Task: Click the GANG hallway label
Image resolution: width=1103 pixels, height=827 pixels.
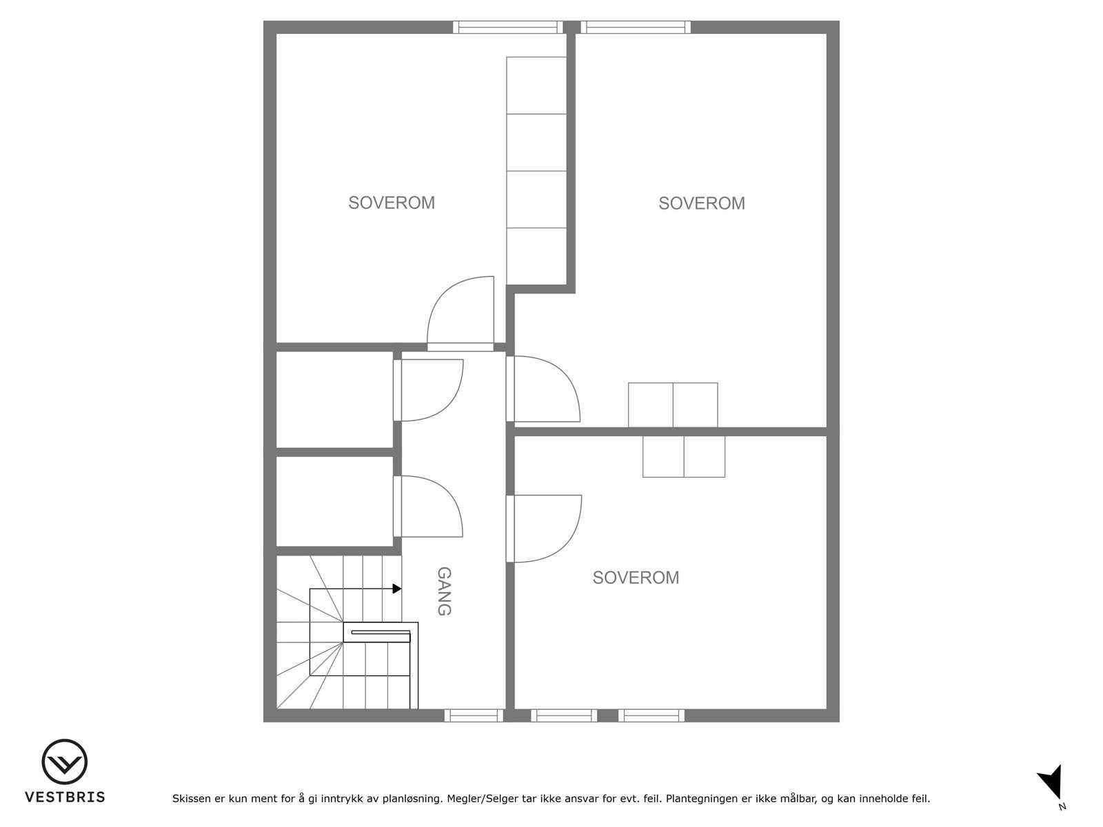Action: pyautogui.click(x=445, y=591)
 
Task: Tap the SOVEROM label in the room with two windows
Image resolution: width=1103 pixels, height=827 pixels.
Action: pyautogui.click(x=636, y=578)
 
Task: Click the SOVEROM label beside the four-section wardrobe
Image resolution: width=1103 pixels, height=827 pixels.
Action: pyautogui.click(x=391, y=203)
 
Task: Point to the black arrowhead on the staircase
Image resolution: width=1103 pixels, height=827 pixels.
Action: pyautogui.click(x=397, y=589)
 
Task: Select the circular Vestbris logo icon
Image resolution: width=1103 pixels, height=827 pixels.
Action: pyautogui.click(x=65, y=762)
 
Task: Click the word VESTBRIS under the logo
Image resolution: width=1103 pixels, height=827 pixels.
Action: pyautogui.click(x=65, y=797)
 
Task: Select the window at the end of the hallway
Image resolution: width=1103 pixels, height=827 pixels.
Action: pyautogui.click(x=474, y=716)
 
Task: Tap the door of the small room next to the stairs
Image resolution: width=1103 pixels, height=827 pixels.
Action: pyautogui.click(x=429, y=507)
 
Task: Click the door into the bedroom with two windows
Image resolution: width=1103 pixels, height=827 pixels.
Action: pyautogui.click(x=545, y=529)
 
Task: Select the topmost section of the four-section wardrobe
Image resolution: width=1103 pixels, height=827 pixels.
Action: pyautogui.click(x=536, y=85)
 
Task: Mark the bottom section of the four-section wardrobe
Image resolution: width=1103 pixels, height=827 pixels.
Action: pyautogui.click(x=536, y=256)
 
